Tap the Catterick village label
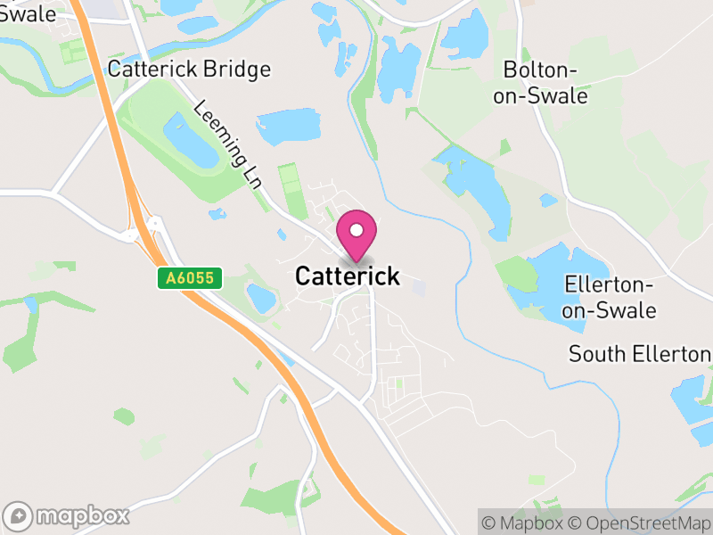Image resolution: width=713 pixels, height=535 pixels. tap(348, 276)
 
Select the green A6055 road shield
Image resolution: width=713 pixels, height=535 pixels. tap(189, 279)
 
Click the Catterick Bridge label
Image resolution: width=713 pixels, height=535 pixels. tap(188, 70)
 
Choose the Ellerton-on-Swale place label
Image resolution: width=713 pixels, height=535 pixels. tap(611, 298)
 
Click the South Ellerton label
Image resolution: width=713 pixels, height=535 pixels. tap(640, 354)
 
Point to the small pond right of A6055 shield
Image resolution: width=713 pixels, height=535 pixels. tap(261, 297)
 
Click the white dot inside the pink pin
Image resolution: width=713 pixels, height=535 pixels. tap(356, 230)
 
